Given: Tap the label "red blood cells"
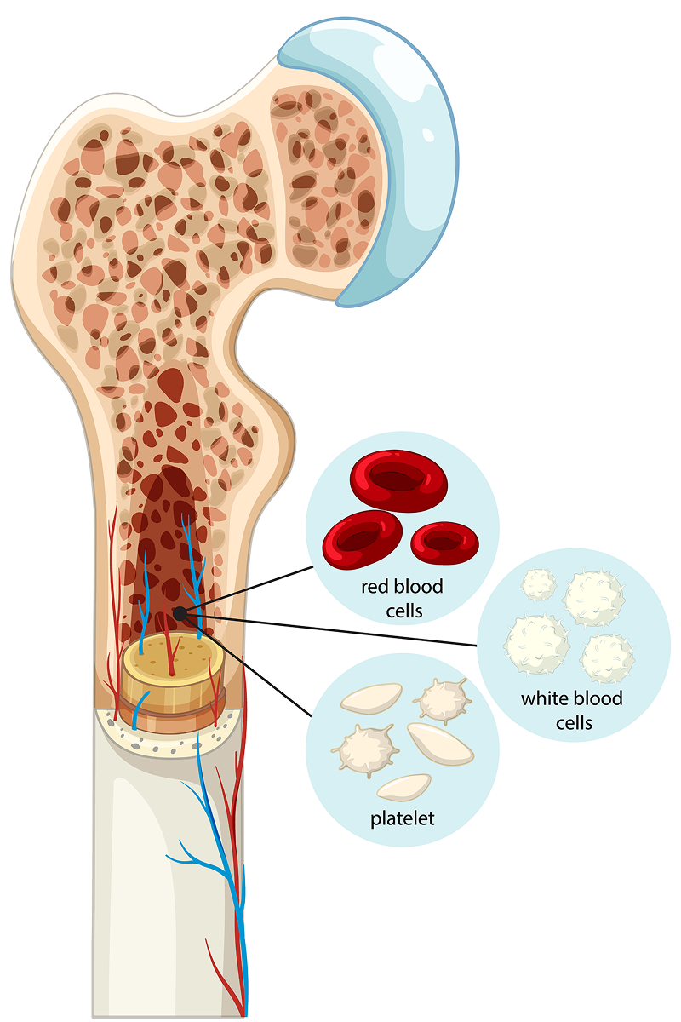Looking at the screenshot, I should (402, 599).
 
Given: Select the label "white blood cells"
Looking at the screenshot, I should (571, 711).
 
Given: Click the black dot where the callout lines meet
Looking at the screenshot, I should (180, 613).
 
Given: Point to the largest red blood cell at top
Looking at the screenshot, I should (398, 481).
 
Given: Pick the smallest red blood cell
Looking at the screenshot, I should (444, 543).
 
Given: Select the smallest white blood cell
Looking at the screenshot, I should (538, 584).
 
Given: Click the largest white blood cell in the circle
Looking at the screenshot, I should (536, 643).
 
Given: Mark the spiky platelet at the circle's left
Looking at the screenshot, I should (364, 749).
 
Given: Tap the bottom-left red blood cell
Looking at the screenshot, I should (361, 539).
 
